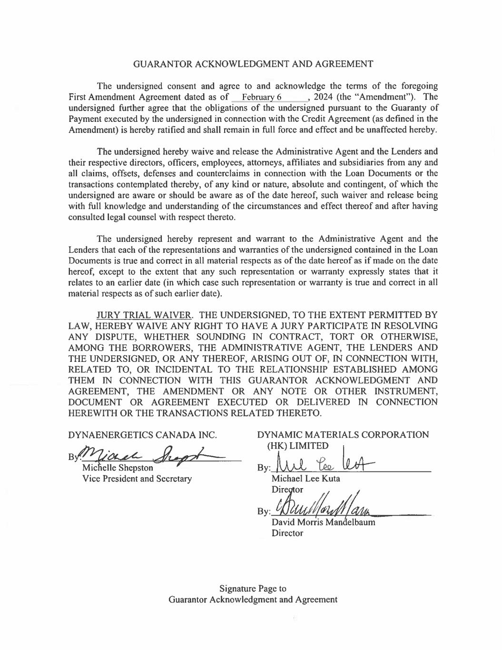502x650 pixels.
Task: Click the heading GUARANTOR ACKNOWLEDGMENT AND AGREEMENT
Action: tap(253, 64)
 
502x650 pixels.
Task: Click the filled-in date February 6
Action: tap(262, 97)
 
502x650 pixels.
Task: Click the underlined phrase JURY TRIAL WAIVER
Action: tap(144, 315)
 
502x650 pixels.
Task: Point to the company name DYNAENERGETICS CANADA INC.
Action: tap(143, 435)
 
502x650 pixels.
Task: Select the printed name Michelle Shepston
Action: tap(118, 468)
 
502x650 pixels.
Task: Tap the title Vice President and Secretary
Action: tap(137, 479)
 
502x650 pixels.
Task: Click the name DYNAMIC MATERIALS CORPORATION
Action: tap(343, 435)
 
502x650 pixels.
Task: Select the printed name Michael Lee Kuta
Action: tap(305, 479)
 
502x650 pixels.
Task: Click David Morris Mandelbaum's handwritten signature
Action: tap(324, 509)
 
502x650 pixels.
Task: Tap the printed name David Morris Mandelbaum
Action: tap(323, 522)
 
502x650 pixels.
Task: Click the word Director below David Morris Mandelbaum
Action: tap(287, 533)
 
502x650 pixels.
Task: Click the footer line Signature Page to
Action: tap(253, 589)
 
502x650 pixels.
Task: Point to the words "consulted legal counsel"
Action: tap(116, 217)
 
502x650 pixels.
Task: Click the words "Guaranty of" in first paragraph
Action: tap(415, 108)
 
